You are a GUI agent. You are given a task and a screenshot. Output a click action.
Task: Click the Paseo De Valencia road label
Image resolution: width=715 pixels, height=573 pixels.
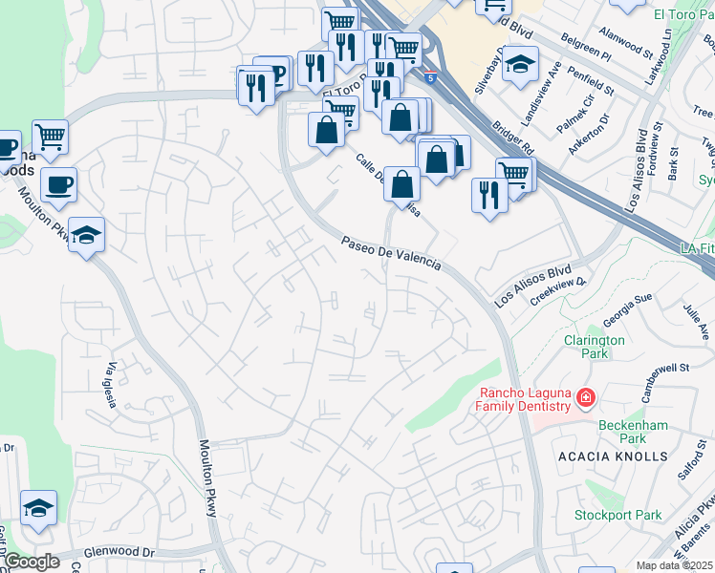[x=391, y=254]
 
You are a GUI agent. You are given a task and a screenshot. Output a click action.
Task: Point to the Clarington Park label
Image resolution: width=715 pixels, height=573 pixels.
[x=594, y=347]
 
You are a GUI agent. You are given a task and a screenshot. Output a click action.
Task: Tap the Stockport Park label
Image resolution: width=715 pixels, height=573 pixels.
[x=617, y=515]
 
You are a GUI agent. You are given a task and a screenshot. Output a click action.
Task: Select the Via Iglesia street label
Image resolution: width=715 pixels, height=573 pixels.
[x=113, y=385]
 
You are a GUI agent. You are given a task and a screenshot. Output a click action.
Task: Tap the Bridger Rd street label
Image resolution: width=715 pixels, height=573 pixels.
[x=514, y=137]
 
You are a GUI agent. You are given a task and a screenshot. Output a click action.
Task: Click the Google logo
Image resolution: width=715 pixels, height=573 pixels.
[x=31, y=562]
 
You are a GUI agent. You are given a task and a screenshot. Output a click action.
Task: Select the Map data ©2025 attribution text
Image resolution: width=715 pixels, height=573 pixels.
[x=675, y=565]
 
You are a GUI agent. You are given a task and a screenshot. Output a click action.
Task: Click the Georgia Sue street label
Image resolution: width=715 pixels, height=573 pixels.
[x=627, y=310]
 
